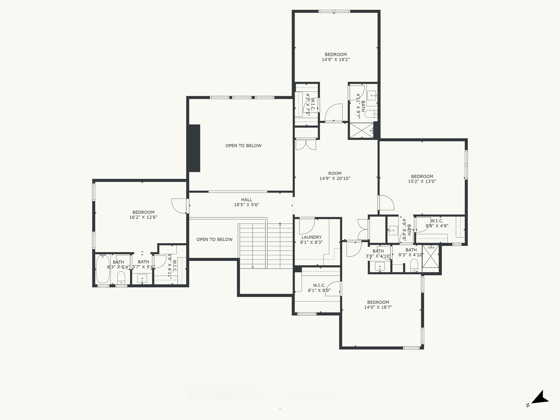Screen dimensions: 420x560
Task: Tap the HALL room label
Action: (x=247, y=200)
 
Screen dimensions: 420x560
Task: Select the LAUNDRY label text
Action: (x=311, y=237)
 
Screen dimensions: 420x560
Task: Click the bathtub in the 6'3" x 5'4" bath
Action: (x=103, y=269)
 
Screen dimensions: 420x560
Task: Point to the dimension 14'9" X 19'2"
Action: (x=336, y=60)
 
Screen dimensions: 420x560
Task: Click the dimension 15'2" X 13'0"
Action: (x=422, y=181)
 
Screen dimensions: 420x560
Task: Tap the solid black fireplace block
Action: (x=194, y=148)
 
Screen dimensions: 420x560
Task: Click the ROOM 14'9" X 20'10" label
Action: (x=335, y=176)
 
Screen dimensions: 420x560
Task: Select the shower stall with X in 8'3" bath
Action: (x=430, y=256)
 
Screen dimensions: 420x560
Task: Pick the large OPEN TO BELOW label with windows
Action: (x=243, y=146)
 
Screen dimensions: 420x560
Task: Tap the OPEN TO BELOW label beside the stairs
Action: (x=214, y=240)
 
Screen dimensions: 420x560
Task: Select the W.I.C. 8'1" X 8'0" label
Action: (x=319, y=288)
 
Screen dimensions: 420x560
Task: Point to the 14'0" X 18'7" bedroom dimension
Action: (x=378, y=307)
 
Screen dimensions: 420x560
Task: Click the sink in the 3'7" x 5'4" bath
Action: (x=142, y=279)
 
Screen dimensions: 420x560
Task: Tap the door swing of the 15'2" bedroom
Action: (x=386, y=203)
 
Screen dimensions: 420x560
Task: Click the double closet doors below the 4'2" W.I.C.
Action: (x=306, y=145)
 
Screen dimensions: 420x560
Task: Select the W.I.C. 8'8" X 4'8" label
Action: (x=437, y=223)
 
